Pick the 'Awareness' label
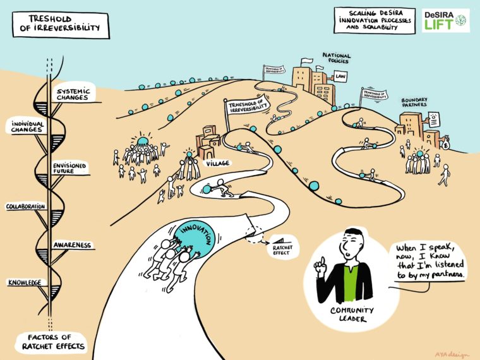point(73,245)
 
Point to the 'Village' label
point(218,163)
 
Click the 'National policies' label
point(336,59)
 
